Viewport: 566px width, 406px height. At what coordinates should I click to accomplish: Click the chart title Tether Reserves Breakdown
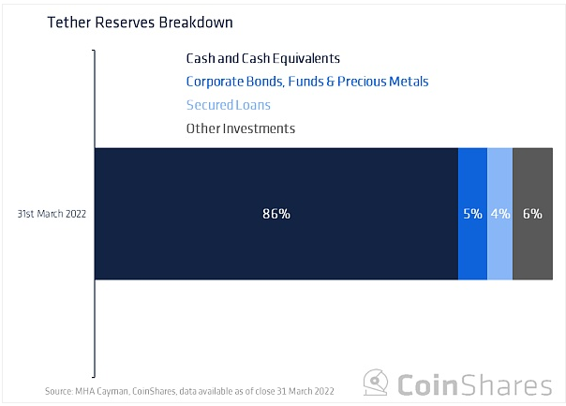click(x=140, y=23)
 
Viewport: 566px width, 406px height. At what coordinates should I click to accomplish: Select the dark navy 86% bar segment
click(x=276, y=214)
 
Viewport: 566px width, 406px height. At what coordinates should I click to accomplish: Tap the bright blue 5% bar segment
click(x=473, y=214)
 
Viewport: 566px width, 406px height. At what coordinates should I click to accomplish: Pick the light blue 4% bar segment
click(x=500, y=214)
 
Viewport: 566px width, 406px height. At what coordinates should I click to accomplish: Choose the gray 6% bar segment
click(x=533, y=214)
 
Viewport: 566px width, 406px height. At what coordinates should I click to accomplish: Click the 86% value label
click(x=276, y=214)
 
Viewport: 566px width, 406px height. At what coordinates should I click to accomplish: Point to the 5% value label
click(x=473, y=214)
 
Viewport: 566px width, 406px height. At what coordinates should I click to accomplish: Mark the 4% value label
click(x=500, y=214)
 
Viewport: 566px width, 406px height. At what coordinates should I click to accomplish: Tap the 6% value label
click(x=533, y=214)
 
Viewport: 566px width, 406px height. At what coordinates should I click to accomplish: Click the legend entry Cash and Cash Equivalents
click(x=262, y=58)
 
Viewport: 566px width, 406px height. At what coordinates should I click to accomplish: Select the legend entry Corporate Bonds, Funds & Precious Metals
click(x=307, y=82)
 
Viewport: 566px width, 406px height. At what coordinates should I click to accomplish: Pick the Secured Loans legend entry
click(x=228, y=105)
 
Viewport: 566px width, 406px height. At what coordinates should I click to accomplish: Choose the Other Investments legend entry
click(x=241, y=128)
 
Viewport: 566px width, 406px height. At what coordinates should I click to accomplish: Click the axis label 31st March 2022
click(x=52, y=214)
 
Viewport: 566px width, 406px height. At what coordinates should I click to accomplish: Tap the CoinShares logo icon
click(x=376, y=383)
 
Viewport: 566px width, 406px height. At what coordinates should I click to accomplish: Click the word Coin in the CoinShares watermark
click(x=427, y=385)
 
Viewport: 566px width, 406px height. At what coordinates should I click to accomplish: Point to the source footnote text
click(x=189, y=391)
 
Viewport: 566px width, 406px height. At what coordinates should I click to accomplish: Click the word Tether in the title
click(x=69, y=23)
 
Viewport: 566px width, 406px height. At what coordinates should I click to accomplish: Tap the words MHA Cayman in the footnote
click(x=102, y=392)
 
